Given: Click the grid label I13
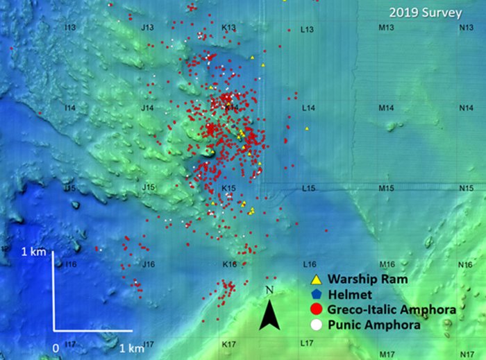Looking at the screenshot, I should (x=69, y=28).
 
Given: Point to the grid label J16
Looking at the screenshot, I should (x=147, y=265).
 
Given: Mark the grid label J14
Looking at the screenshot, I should (x=147, y=108).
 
